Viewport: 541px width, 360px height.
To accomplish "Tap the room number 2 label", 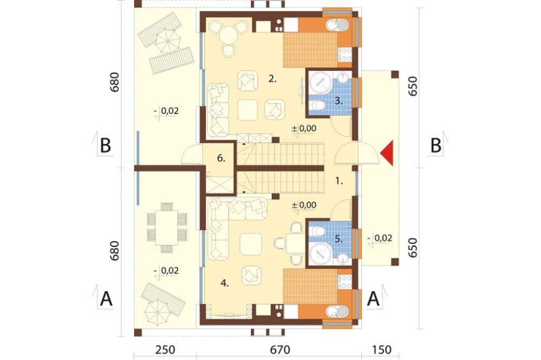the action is (x=273, y=79).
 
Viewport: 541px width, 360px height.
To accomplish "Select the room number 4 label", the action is (x=225, y=283).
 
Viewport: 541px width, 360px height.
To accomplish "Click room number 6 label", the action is (x=221, y=158).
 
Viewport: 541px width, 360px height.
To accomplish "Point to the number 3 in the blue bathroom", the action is (x=339, y=101).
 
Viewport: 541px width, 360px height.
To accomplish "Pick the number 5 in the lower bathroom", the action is (x=339, y=238).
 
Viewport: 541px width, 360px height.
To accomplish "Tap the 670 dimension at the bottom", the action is (x=280, y=350).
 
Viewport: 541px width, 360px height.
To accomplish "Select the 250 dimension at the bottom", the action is (x=165, y=350).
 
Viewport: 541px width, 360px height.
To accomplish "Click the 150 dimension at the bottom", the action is (x=382, y=350).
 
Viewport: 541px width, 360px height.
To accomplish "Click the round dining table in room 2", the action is (x=228, y=35).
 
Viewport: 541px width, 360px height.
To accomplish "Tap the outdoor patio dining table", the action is (x=167, y=228).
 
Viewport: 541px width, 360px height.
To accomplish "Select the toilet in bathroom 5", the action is (x=316, y=231).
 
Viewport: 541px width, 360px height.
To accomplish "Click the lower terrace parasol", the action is (x=157, y=312).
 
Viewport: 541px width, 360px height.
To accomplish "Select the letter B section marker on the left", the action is (x=105, y=145).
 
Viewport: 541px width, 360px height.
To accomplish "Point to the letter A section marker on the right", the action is (x=373, y=298).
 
